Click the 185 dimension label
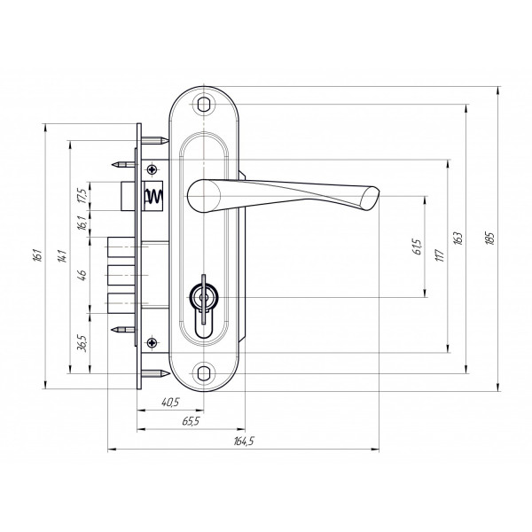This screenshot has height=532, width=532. [490, 238]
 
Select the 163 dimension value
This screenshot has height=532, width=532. [458, 239]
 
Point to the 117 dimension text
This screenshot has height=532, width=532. [440, 255]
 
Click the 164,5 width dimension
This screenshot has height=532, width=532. [244, 441]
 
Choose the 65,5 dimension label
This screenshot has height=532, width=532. [191, 421]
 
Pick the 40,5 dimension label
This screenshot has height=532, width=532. [170, 403]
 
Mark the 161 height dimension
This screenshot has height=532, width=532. [37, 255]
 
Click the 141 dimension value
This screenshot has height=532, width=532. [62, 256]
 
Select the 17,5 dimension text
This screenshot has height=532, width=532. [83, 196]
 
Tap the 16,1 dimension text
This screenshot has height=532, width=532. [83, 223]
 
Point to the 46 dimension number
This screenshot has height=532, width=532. [82, 274]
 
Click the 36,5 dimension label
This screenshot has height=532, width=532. [83, 343]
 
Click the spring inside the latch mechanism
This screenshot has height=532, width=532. [154, 196]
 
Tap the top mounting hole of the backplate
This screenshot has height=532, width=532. [203, 104]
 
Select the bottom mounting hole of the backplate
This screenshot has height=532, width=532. [203, 373]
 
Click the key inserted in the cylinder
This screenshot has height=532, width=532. [204, 299]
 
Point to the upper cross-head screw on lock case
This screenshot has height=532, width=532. [153, 169]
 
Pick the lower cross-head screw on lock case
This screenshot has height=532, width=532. [153, 342]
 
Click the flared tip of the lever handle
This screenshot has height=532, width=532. [371, 198]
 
